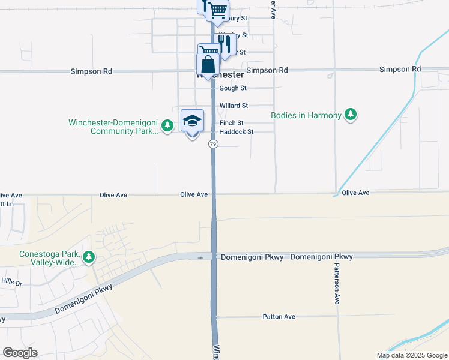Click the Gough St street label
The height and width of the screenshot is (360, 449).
coord(233,88)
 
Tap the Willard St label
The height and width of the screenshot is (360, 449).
coord(233,106)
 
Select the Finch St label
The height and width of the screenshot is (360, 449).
coord(231,123)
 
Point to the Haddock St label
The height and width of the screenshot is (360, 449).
coord(236,132)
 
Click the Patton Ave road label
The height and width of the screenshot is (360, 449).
coord(279,316)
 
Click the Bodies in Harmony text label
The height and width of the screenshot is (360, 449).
coord(306,115)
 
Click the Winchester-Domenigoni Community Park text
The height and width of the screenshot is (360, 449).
coord(113,127)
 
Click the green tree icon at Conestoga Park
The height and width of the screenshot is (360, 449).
coord(89,257)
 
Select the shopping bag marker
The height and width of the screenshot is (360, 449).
coord(208,65)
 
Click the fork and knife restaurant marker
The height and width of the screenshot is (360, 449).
coord(224,44)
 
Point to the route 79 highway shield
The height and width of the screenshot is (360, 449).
coord(213,144)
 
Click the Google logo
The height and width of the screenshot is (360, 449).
coord(20,353)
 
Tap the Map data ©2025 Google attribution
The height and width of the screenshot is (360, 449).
coord(411,355)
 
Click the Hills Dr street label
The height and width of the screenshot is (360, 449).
coord(11,282)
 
